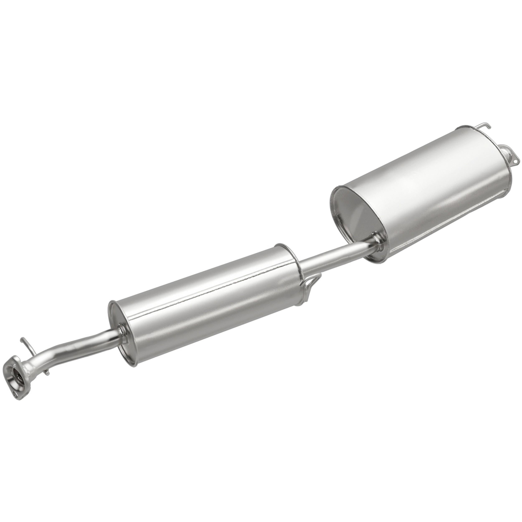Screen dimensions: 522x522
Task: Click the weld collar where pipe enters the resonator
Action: coord(121,331)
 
